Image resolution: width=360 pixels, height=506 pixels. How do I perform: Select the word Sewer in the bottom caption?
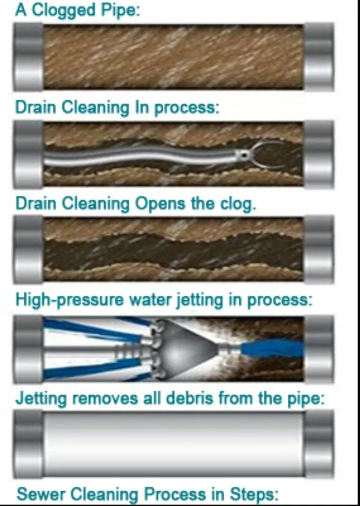pyautogui.click(x=41, y=493)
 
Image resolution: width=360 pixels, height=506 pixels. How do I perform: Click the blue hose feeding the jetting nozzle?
pyautogui.click(x=271, y=349)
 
